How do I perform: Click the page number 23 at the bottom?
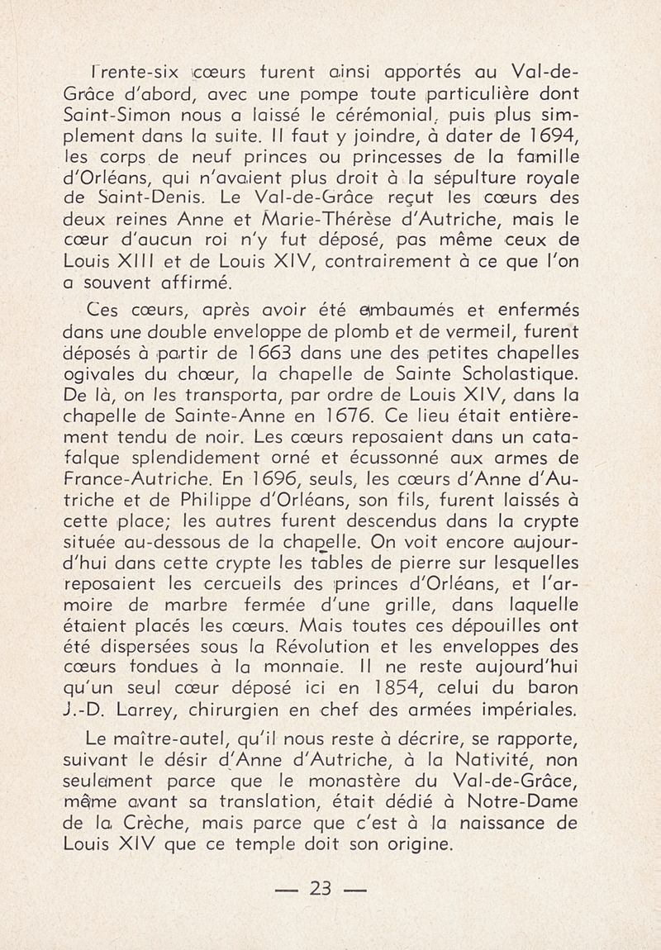318,890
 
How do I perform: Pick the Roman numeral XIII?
149,264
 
